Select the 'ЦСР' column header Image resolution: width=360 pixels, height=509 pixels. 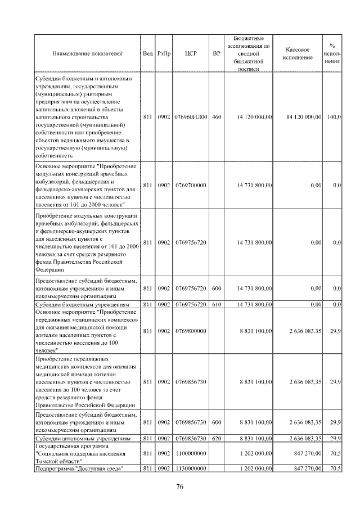tap(190, 53)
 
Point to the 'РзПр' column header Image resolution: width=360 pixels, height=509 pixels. tap(164, 53)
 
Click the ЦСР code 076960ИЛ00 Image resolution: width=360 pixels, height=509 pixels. tap(190, 117)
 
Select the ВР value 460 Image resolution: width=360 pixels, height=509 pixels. tap(217, 117)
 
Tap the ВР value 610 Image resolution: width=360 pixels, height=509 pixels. tap(217, 304)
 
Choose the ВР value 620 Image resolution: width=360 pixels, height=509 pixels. tap(217, 438)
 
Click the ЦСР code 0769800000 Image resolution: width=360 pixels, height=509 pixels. tap(190, 331)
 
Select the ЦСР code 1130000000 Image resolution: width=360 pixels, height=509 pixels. tap(190, 469)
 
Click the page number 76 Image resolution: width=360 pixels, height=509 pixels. tap(179, 487)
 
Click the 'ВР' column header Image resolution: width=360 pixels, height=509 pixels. tap(217, 53)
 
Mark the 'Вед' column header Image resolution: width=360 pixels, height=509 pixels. tap(147, 53)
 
